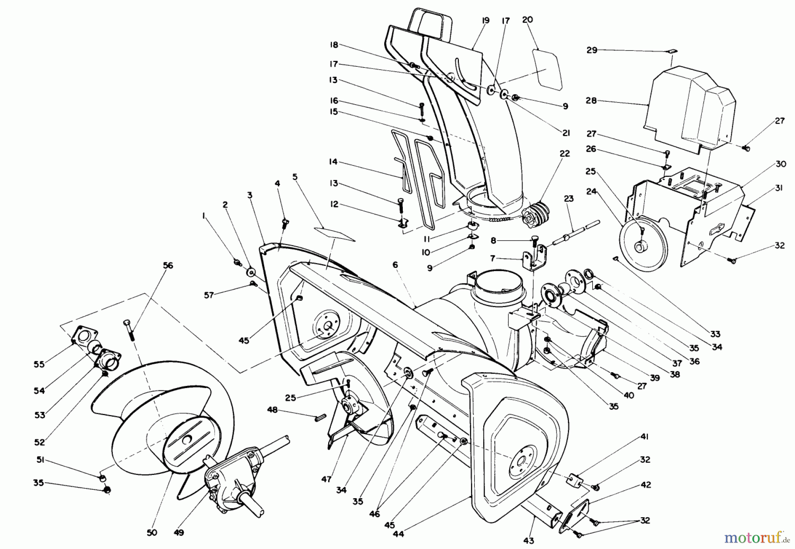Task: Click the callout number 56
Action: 167,266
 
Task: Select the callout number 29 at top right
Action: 592,50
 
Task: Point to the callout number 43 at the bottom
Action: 529,541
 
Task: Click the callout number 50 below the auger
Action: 151,532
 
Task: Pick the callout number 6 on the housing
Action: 395,265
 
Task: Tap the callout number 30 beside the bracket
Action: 781,164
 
